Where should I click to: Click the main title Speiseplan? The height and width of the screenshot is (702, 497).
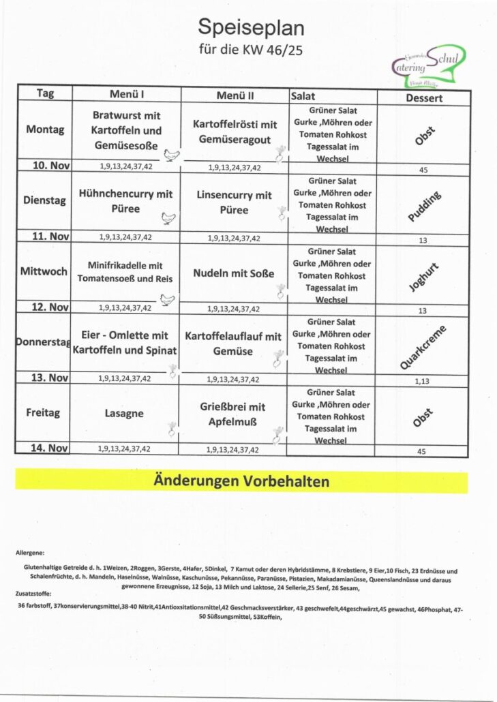[250, 27]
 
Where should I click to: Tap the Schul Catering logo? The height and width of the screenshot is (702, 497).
[429, 65]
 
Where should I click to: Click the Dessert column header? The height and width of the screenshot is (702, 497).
[424, 97]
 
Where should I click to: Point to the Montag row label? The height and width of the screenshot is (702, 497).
[45, 129]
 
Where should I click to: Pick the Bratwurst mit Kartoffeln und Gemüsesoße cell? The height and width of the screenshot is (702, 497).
[126, 130]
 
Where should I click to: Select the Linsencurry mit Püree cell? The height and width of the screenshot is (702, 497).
[234, 202]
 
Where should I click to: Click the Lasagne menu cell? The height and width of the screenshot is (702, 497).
[123, 413]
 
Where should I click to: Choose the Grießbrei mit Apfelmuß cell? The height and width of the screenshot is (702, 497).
[233, 414]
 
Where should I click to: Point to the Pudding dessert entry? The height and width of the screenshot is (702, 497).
[424, 207]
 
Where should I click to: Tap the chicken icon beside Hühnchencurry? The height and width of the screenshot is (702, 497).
[168, 219]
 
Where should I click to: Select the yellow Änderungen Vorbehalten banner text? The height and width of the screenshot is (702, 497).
[241, 481]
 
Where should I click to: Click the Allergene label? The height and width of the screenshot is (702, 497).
[29, 552]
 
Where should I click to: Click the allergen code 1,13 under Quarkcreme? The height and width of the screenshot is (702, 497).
[421, 381]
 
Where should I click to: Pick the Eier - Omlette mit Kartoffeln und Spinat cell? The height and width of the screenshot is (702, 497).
[125, 343]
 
